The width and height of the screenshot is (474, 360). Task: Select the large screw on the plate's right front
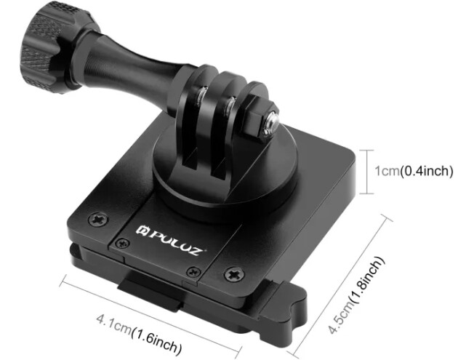(x=233, y=274)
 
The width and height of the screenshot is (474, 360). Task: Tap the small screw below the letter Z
(x=192, y=271)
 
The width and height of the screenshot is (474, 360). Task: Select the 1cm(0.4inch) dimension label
(x=414, y=172)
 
